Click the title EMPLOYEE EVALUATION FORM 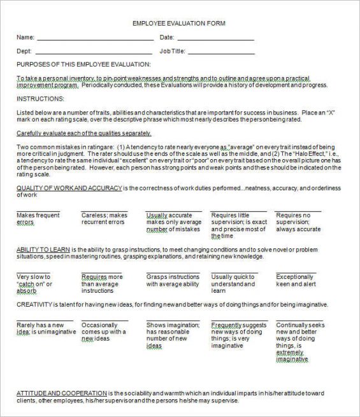coord(178,24)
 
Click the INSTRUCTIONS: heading coord(40,99)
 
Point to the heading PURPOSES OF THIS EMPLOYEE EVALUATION coord(83,64)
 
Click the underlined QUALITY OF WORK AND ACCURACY coord(68,188)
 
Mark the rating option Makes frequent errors coord(38,218)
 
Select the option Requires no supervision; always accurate coord(298,222)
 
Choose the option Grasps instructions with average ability coord(173,281)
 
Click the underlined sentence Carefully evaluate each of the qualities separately coord(83,133)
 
